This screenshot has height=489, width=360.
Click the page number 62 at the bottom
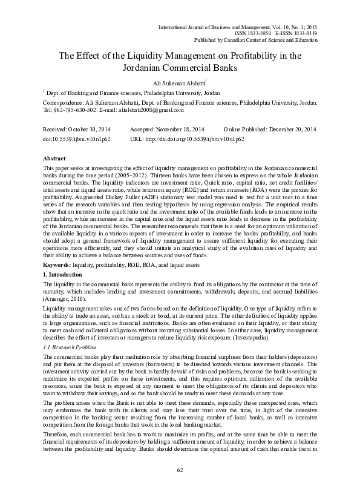click(x=180, y=470)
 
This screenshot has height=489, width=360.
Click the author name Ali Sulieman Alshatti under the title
click(x=179, y=83)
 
